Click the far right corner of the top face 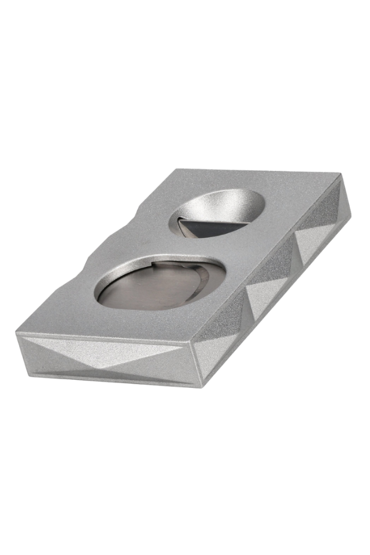tap(339, 174)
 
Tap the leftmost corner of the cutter tap(17, 335)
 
